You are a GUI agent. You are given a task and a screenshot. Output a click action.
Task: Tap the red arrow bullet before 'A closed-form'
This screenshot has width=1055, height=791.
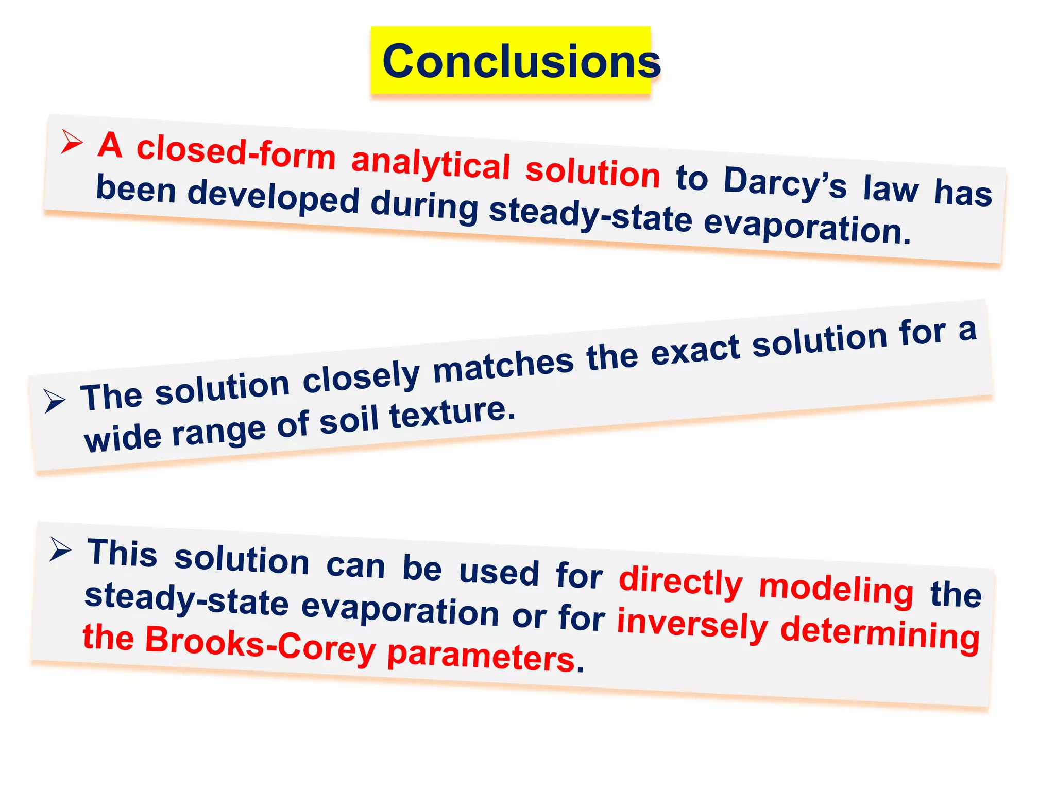(72, 141)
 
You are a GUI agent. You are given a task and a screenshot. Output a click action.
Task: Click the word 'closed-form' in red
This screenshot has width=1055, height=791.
(236, 151)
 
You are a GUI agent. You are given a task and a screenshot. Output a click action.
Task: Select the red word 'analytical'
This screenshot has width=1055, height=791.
(431, 164)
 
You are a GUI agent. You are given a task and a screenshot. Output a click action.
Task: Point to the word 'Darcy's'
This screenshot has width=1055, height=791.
(785, 183)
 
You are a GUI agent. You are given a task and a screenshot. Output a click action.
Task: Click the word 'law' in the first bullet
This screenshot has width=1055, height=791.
(891, 188)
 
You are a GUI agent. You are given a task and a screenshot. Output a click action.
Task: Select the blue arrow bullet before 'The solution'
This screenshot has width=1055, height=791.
(55, 400)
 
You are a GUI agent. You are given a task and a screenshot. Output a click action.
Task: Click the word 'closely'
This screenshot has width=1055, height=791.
(361, 376)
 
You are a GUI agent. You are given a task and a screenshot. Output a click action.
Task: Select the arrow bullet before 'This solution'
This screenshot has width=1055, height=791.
(61, 549)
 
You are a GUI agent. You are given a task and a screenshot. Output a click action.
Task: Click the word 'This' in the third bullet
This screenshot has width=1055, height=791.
(122, 554)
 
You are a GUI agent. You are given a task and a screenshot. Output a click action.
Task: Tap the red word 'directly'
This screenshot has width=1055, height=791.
(680, 582)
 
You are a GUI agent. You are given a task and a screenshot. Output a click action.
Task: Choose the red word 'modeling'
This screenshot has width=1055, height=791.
(836, 590)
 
